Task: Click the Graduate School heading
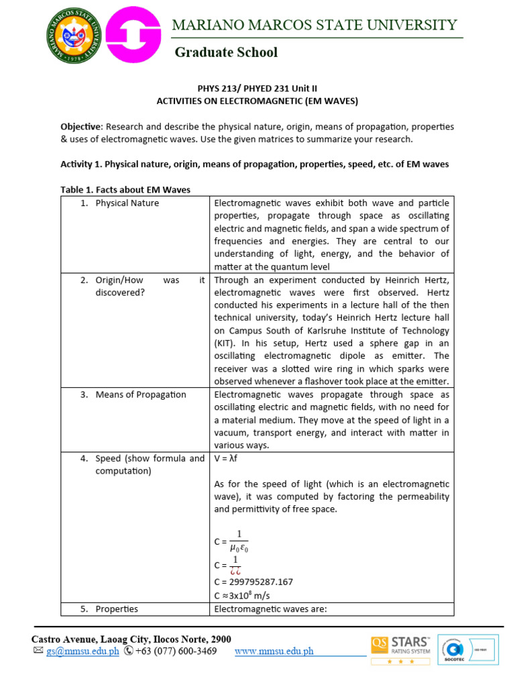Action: click(x=226, y=52)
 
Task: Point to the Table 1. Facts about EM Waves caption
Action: click(x=125, y=190)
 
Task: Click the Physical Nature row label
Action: click(x=127, y=203)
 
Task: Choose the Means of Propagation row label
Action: click(x=140, y=394)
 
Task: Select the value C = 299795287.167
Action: click(x=253, y=582)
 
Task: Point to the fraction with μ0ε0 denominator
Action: click(x=239, y=541)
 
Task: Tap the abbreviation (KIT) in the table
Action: click(x=225, y=343)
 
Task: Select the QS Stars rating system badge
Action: click(x=401, y=649)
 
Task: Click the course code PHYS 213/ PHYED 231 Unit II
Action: click(x=257, y=89)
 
